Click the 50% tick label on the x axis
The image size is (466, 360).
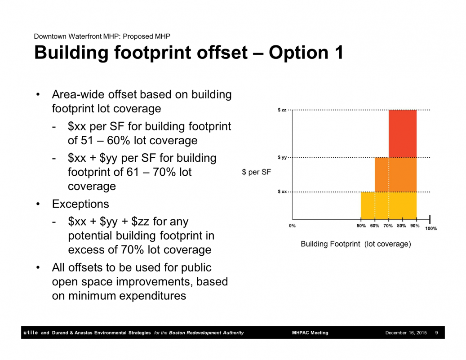click(361, 226)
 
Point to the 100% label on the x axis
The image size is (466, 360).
click(431, 229)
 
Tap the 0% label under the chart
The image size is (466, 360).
click(293, 226)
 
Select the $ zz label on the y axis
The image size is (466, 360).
click(282, 110)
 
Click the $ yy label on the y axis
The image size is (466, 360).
click(282, 157)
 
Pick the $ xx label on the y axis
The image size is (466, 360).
click(282, 192)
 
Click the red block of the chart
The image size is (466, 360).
click(403, 133)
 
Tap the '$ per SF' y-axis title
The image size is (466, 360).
click(257, 172)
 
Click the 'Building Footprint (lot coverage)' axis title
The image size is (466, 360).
click(356, 244)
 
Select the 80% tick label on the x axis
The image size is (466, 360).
click(401, 226)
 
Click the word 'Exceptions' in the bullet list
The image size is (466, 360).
click(80, 204)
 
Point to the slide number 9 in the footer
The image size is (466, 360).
click(437, 333)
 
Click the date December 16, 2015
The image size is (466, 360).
click(406, 333)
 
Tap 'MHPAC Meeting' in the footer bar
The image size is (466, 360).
click(310, 333)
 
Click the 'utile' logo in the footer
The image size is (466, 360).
click(31, 332)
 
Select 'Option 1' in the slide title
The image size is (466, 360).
click(306, 53)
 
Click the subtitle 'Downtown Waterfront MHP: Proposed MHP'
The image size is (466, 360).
click(102, 36)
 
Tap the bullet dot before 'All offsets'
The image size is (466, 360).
click(38, 267)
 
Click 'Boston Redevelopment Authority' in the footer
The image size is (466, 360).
click(206, 333)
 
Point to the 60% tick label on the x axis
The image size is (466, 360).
click(374, 226)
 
